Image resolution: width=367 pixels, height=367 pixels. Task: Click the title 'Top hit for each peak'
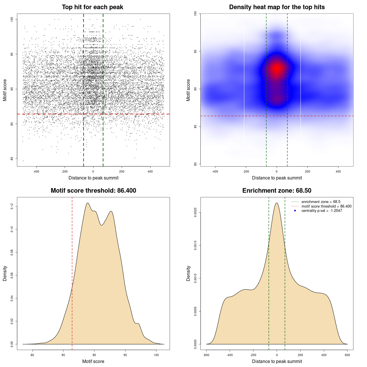tap(92, 7)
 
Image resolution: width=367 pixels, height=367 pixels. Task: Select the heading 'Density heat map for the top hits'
tap(277, 7)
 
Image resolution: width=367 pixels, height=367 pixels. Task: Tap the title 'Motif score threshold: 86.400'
tap(93, 191)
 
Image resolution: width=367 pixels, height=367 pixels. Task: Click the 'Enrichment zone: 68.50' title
tap(277, 191)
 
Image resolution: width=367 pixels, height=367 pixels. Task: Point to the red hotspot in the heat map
tap(277, 68)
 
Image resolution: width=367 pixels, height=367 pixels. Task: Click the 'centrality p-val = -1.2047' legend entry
tap(321, 211)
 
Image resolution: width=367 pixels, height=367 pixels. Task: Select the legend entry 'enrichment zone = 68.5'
tap(321, 202)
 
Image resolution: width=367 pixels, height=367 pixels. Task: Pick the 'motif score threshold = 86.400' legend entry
tap(326, 206)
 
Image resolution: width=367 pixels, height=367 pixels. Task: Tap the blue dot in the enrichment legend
tap(295, 211)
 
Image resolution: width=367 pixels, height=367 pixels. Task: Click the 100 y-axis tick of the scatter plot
tap(12, 19)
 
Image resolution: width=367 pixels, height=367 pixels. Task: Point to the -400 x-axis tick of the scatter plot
tap(36, 171)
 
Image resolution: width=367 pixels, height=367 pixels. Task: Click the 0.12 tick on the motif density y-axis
tap(12, 206)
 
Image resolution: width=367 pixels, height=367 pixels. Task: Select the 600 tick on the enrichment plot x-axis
tap(347, 355)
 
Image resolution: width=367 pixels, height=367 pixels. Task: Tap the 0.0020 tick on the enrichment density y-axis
tap(196, 212)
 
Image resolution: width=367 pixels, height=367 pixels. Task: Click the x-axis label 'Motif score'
tap(93, 361)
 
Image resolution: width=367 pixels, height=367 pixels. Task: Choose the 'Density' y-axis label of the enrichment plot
tap(188, 273)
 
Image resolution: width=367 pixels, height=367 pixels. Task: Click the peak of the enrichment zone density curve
tap(277, 203)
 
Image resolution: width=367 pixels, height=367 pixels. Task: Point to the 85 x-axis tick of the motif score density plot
tap(63, 355)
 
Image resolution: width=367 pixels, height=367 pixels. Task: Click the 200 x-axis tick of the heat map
tap(307, 171)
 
